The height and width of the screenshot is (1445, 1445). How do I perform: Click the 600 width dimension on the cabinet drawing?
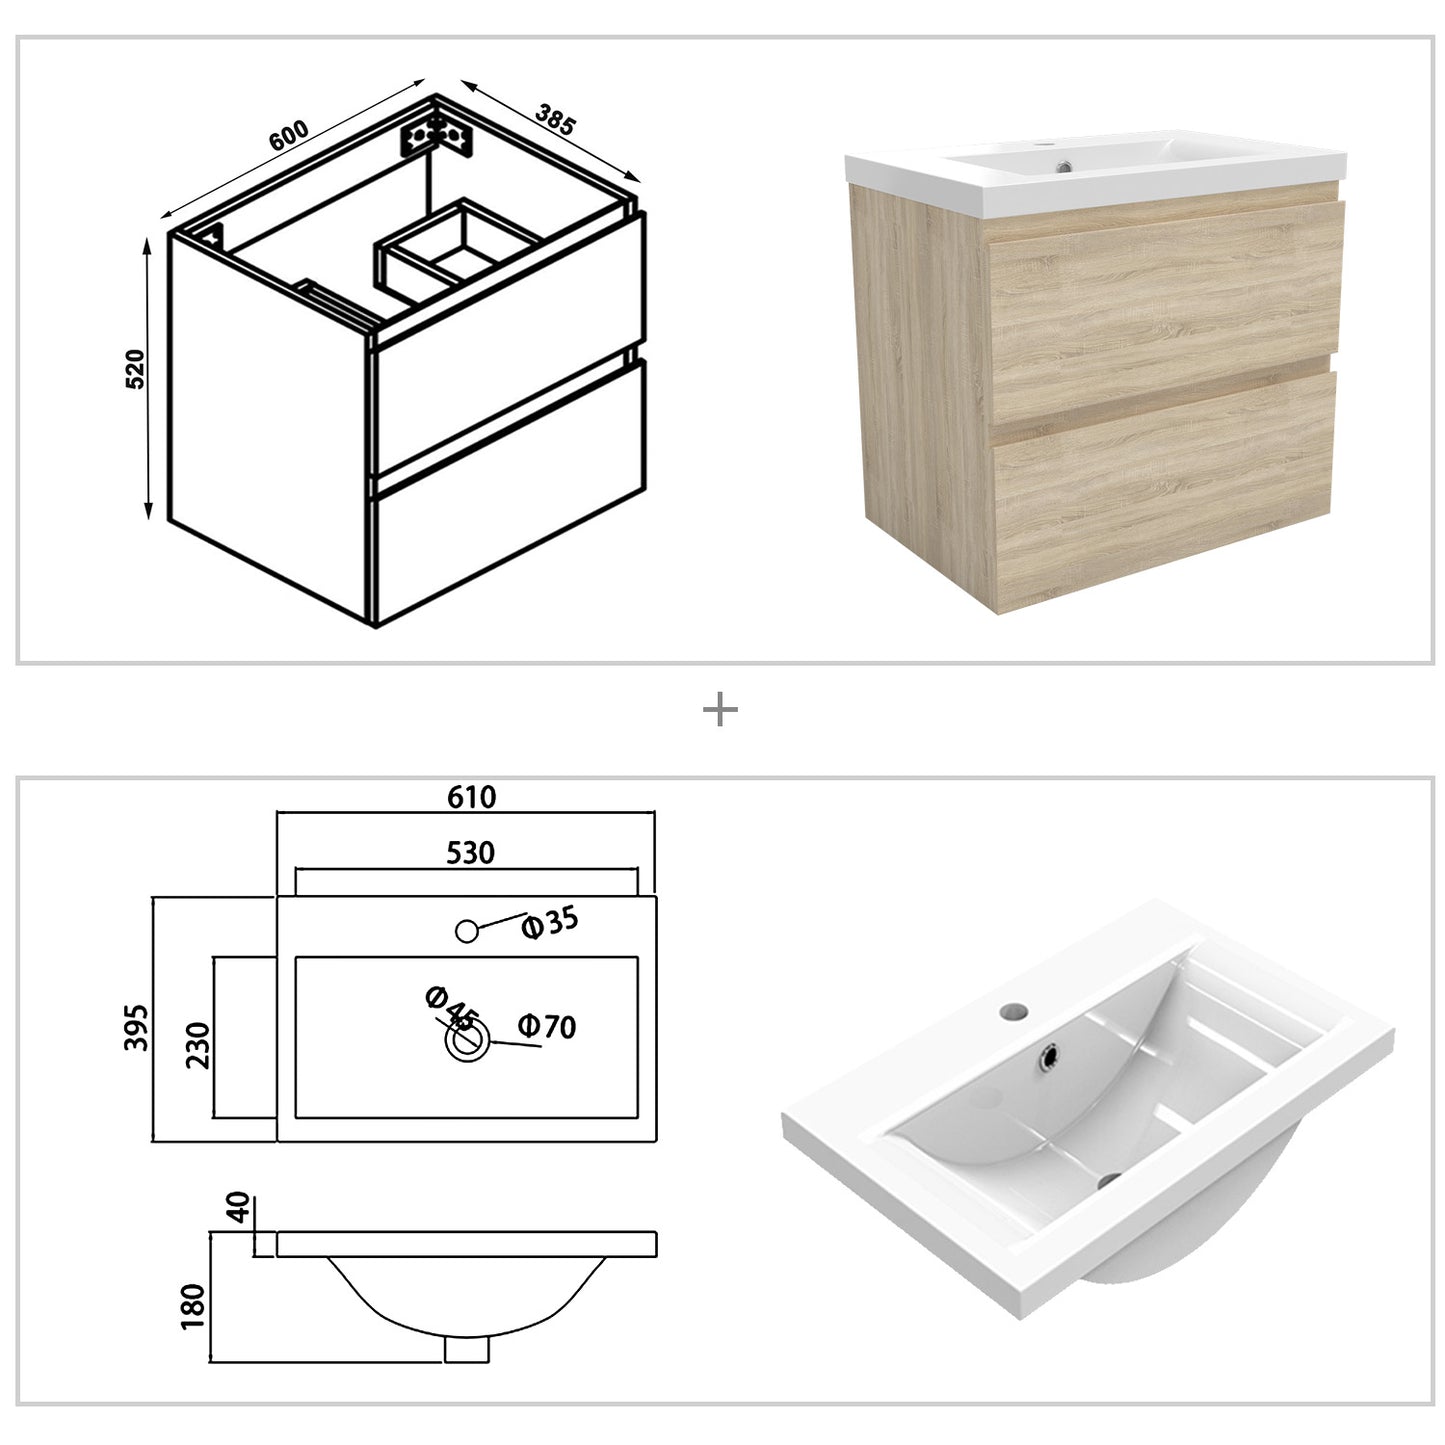(x=289, y=136)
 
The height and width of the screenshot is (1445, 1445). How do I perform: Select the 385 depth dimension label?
(x=555, y=119)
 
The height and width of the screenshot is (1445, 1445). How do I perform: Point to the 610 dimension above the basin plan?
(x=471, y=796)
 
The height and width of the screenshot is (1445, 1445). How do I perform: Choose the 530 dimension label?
(x=470, y=852)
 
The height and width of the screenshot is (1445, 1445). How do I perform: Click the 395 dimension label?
(x=137, y=1027)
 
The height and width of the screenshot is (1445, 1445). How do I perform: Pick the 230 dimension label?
(x=198, y=1045)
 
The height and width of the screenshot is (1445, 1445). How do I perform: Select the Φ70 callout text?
(x=547, y=1026)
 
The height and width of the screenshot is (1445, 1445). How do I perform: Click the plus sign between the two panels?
(x=720, y=711)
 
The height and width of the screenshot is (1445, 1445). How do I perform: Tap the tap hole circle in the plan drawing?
(x=466, y=931)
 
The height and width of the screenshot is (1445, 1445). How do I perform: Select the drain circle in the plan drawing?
(x=467, y=1042)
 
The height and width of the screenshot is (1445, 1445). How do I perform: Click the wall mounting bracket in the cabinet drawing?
(x=437, y=136)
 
